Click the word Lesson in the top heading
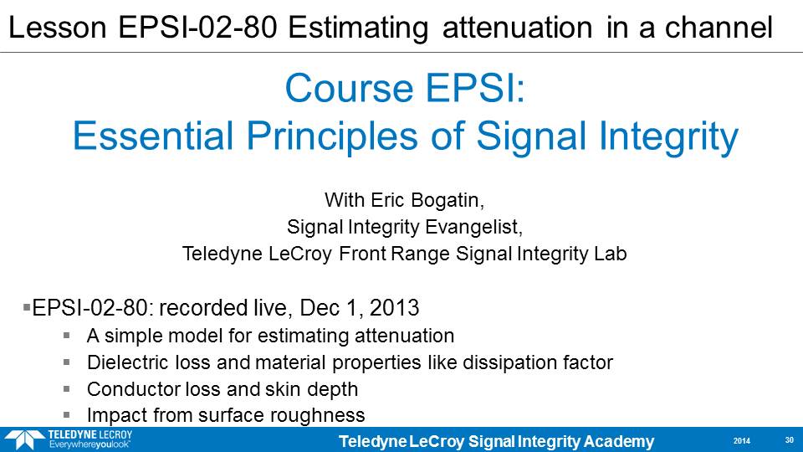point(58,27)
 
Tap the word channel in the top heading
point(719,27)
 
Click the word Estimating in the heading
point(358,28)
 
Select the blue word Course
point(350,88)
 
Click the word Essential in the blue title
point(153,136)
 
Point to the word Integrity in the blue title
point(668,137)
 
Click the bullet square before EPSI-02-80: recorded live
point(27,307)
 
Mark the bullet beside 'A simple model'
point(67,336)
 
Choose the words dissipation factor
point(538,362)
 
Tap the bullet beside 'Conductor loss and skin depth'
point(67,389)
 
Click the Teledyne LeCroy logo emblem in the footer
point(23,440)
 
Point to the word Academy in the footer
point(619,442)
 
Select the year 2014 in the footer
point(742,441)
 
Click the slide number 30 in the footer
point(789,440)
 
